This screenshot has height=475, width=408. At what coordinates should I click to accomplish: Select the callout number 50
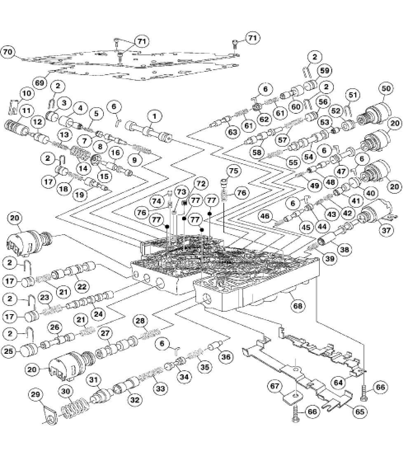point(387,89)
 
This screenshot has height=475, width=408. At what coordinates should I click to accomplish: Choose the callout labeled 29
point(36,395)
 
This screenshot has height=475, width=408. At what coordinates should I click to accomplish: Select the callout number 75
point(234,171)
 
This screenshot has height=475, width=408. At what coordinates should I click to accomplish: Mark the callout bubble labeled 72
point(201,183)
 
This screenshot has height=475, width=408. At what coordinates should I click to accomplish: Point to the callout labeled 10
point(27,94)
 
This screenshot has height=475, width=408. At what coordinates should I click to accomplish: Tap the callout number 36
point(226,357)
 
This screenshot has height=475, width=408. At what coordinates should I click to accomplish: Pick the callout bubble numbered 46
point(266,215)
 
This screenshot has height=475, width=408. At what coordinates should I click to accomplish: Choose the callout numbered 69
point(40,83)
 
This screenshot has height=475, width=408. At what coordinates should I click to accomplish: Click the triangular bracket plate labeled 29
point(49,416)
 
